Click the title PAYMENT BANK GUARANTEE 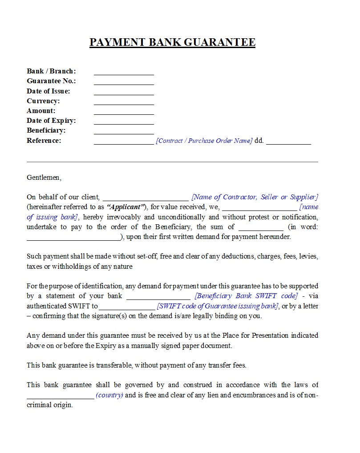coord(172,42)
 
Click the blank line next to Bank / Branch coord(124,74)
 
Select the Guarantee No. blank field coord(124,84)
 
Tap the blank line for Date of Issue coord(124,94)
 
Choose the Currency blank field coord(124,104)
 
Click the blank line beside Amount coord(124,113)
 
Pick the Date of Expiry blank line coord(124,123)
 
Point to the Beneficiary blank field coord(124,133)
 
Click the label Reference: coord(44,141)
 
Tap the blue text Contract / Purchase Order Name coord(204,141)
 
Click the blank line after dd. coord(288,143)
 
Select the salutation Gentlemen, coord(44,178)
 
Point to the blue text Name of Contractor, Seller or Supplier coord(255,197)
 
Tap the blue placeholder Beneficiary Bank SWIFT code coord(246,296)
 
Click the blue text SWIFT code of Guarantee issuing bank coord(218,306)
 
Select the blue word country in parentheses coord(109,395)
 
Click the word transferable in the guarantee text coord(114,365)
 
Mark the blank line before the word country coord(61,397)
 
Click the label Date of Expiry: coord(51,121)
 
